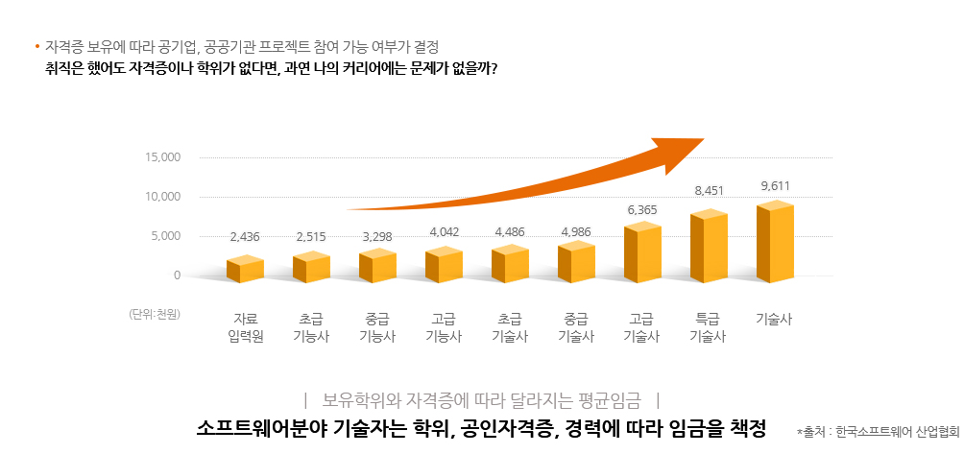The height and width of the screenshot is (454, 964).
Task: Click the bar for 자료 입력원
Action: tap(245, 270)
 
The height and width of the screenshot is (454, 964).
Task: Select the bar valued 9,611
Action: tap(775, 242)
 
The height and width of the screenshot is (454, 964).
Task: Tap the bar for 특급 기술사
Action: tap(709, 247)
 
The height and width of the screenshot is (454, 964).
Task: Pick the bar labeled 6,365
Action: tap(642, 252)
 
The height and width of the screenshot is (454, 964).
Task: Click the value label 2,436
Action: tap(245, 236)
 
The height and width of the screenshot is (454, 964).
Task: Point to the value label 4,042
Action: tap(444, 231)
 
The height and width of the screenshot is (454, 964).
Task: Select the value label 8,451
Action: tap(709, 191)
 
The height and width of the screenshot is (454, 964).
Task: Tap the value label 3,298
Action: tap(377, 235)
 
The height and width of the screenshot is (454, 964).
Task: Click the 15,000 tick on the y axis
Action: tap(162, 156)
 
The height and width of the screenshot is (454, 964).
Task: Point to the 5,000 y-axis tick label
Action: tap(165, 235)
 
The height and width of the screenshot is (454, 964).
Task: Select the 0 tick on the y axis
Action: tap(177, 275)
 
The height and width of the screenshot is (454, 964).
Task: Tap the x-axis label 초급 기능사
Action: tap(311, 327)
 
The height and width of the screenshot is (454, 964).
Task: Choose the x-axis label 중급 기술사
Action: tap(576, 327)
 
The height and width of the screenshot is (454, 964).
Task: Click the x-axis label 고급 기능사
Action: tap(444, 327)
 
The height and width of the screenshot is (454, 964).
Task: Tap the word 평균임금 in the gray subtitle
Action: tap(607, 397)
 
